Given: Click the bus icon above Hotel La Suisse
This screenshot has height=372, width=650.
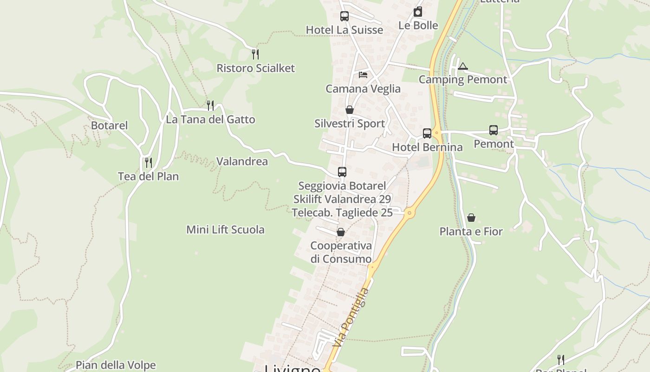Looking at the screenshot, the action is [x=344, y=16].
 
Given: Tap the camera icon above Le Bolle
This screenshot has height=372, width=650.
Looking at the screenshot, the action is [x=418, y=12].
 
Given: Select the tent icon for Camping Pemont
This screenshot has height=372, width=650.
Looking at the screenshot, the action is [x=462, y=66].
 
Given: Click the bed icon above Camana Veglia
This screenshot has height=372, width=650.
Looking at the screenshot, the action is [x=363, y=74].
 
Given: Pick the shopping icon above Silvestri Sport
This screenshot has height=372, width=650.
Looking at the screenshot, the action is [x=350, y=110].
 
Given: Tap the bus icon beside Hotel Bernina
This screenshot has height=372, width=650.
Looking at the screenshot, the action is [x=427, y=133].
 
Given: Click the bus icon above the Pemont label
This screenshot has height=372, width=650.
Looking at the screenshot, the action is [x=494, y=130].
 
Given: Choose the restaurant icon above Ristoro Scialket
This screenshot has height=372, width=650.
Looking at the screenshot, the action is [x=255, y=54].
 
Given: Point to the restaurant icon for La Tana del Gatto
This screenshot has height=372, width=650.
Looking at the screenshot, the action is [x=210, y=106].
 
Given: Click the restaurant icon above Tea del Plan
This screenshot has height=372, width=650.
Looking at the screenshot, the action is [x=149, y=162].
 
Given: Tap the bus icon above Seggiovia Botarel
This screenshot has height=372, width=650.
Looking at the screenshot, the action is [x=342, y=172].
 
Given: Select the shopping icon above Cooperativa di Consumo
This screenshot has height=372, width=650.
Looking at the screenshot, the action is [x=341, y=232].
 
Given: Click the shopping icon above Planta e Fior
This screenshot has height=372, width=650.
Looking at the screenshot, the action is [x=471, y=217].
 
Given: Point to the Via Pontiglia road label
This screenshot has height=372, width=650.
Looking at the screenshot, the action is [x=351, y=317].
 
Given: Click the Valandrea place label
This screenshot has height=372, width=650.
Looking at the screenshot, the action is [x=242, y=161].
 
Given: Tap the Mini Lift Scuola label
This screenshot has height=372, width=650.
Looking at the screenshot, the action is [x=225, y=229].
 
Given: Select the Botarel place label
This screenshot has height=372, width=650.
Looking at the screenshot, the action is [x=109, y=126].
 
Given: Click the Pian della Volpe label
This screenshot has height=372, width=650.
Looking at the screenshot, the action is [x=116, y=365].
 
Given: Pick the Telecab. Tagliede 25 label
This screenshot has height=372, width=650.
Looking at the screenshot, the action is [x=342, y=213].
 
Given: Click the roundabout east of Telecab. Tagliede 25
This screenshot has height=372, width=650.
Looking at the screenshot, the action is [x=409, y=213].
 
